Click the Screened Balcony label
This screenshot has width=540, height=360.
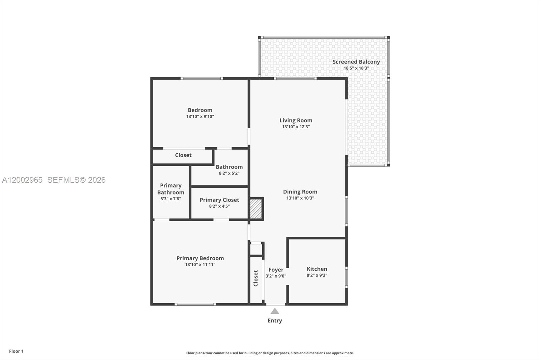356,62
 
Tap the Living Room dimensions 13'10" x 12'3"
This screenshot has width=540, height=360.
296,127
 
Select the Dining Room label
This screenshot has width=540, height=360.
300,191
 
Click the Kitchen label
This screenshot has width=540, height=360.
317,269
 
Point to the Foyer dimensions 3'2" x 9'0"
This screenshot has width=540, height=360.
276,276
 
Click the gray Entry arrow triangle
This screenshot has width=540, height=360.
275,311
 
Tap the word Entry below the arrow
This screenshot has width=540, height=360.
275,320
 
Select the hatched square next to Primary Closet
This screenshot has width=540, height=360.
255,209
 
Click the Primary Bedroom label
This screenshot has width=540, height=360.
200,258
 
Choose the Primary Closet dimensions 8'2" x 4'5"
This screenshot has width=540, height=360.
219,206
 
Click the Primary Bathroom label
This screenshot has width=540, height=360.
171,189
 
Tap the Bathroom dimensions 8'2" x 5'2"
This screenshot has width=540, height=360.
229,173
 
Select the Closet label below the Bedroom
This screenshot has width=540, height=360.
183,155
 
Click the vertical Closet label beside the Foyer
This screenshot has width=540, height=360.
255,278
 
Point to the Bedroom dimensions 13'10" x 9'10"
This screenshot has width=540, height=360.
200,117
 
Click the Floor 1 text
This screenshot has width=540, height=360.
16,351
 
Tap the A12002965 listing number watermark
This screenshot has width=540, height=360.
22,180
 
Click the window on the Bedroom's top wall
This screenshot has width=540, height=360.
201,78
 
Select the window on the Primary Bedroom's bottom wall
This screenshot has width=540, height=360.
195,304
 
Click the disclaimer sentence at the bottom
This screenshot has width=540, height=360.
270,353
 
